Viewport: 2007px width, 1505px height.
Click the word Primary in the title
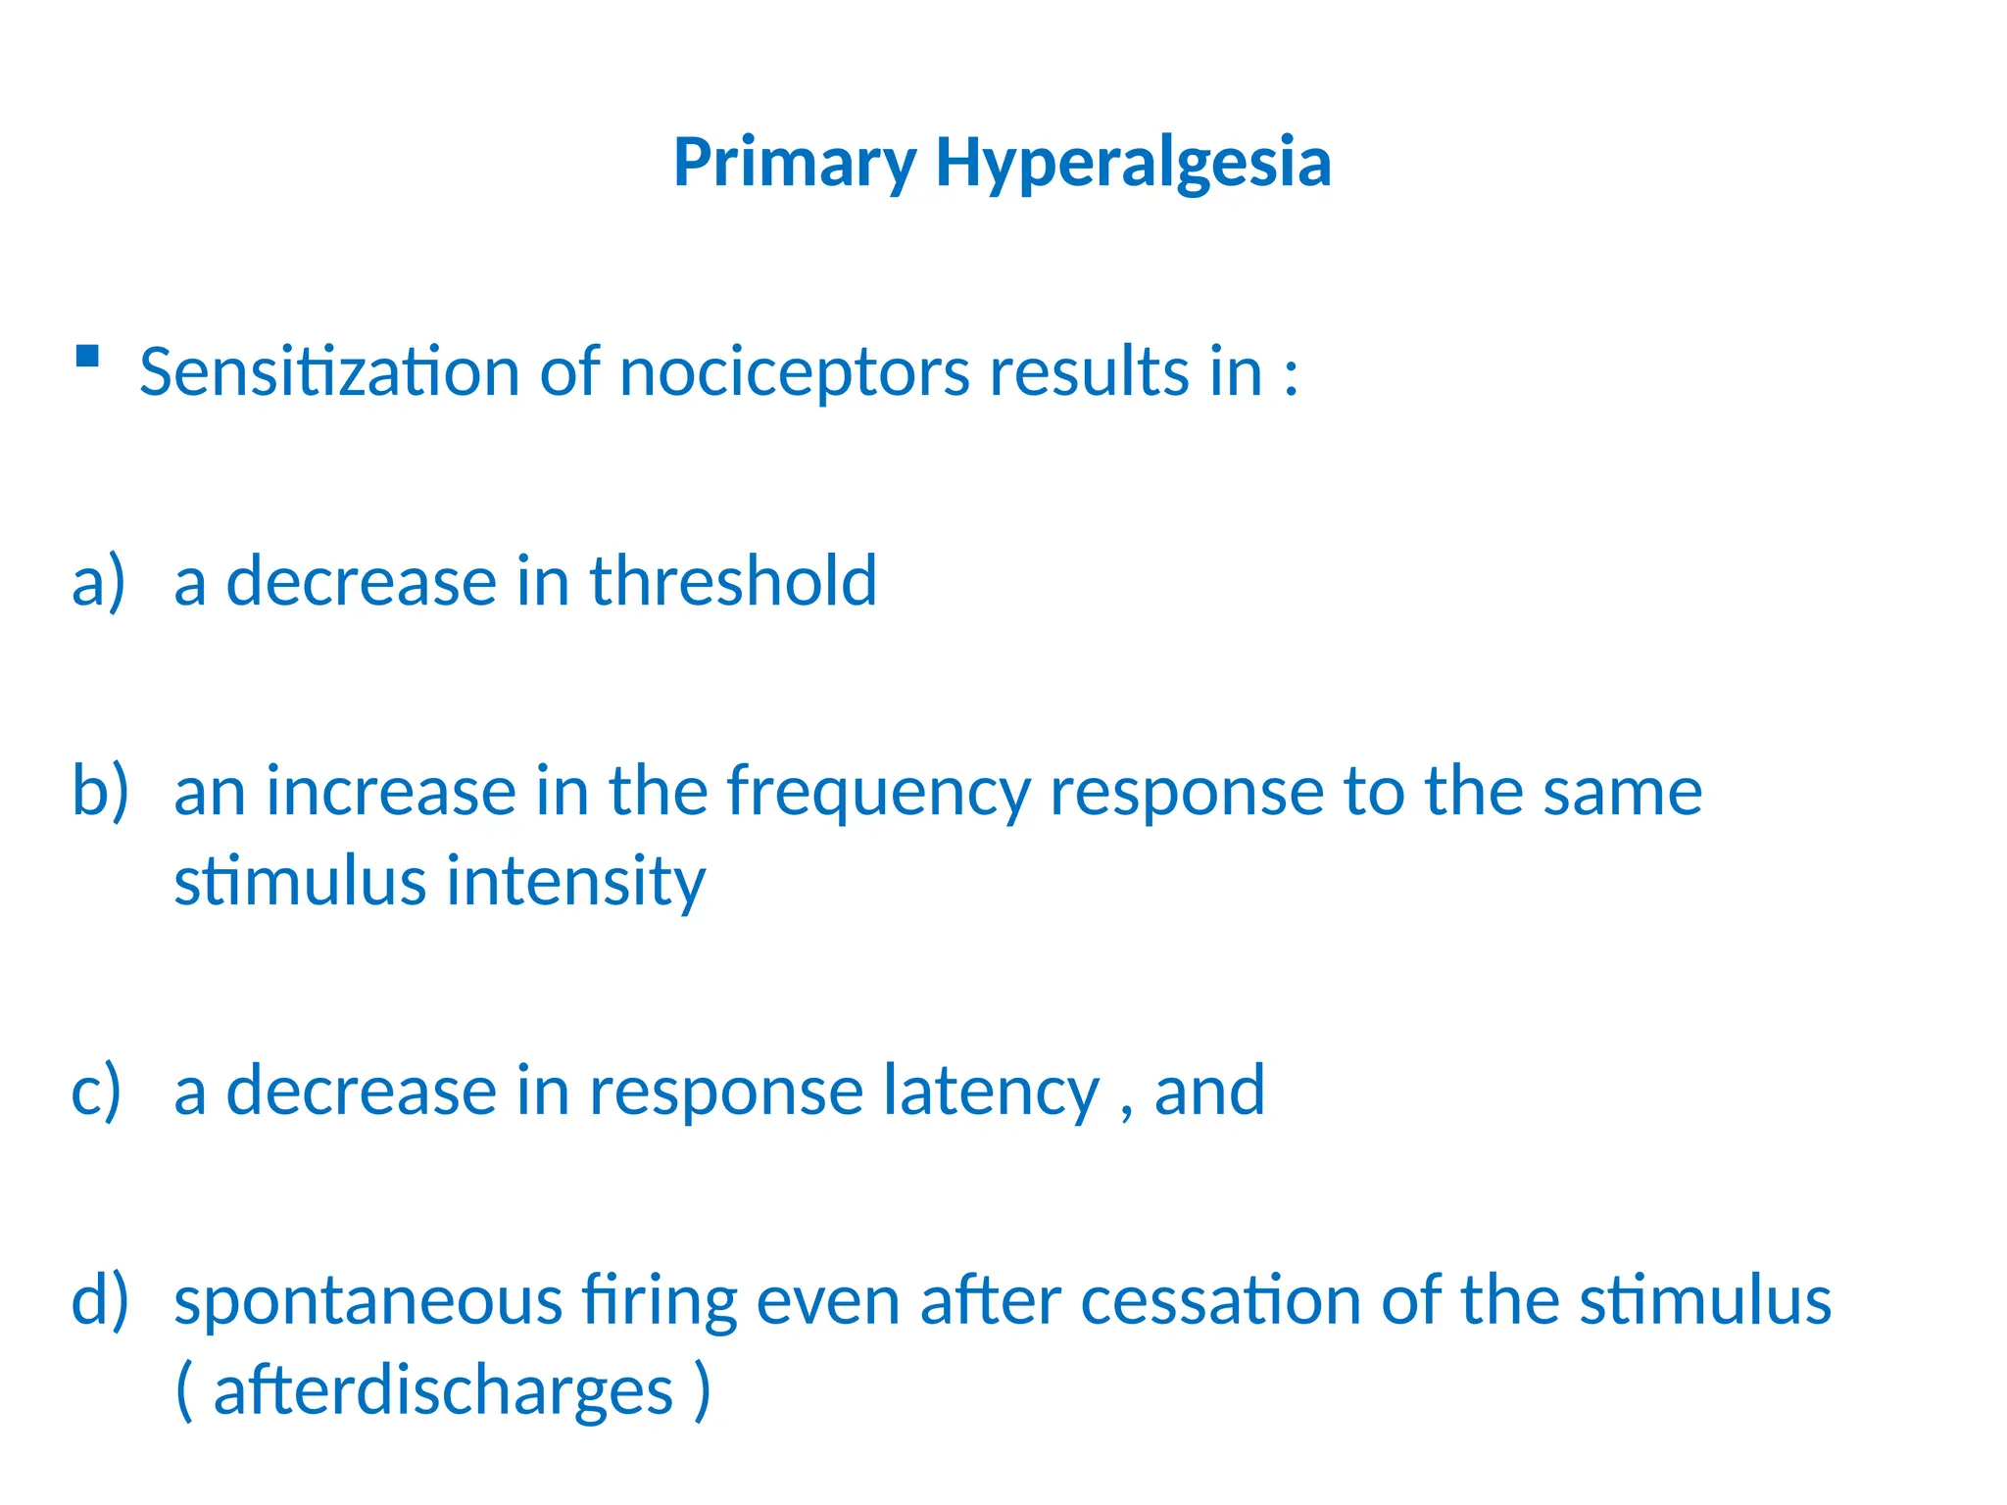point(795,164)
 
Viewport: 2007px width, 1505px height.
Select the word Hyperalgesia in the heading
point(1133,164)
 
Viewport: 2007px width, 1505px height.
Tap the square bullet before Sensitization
point(87,356)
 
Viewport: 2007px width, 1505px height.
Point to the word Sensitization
point(329,372)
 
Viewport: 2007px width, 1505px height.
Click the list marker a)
point(99,581)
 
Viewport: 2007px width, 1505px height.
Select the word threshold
point(732,581)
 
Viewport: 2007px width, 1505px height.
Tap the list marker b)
point(100,790)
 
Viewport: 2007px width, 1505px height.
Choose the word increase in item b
point(390,792)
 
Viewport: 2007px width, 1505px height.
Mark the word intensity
point(575,882)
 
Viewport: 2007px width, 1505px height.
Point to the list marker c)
point(97,1091)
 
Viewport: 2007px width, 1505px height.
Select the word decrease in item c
point(362,1091)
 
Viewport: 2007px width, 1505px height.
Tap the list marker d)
point(100,1300)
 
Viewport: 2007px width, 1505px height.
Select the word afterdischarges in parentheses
point(443,1391)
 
